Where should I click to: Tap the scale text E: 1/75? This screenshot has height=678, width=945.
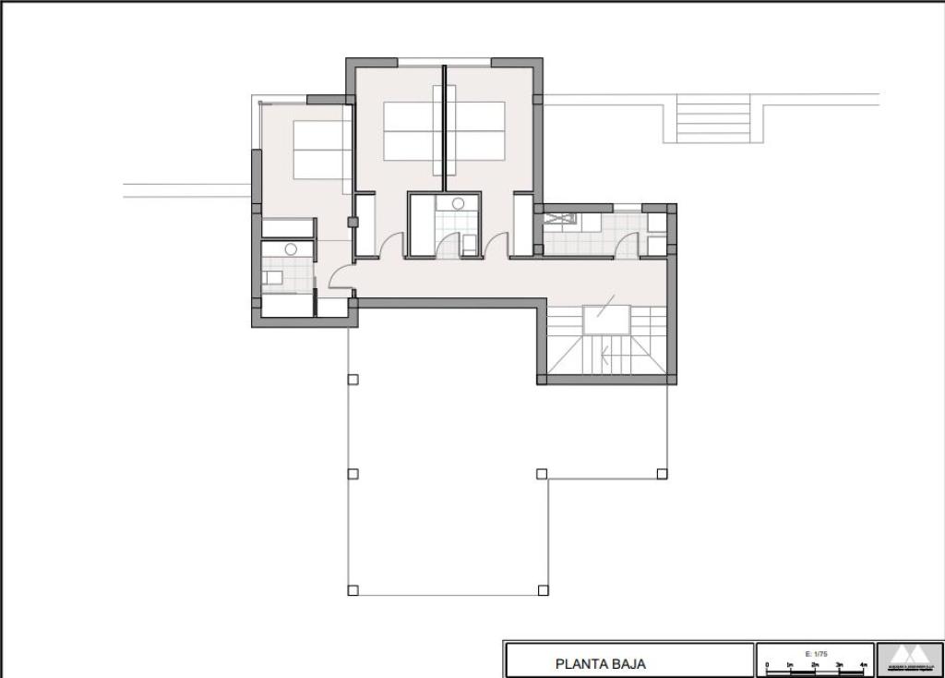(x=814, y=653)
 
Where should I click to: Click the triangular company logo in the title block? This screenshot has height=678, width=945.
(x=909, y=657)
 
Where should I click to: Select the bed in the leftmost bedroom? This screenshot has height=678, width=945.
(x=322, y=151)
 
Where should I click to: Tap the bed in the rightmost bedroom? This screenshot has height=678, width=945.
(x=476, y=131)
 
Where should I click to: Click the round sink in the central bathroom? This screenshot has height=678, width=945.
(x=458, y=204)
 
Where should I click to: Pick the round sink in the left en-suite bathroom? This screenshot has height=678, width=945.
(x=291, y=248)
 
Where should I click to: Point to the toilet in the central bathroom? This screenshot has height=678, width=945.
(x=469, y=244)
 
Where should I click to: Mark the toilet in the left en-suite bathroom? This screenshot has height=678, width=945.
(x=274, y=277)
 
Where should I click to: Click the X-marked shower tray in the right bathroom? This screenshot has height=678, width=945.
(x=558, y=219)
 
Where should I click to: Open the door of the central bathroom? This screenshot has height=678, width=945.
(x=449, y=246)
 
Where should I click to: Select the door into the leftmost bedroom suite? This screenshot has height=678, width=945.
(x=341, y=273)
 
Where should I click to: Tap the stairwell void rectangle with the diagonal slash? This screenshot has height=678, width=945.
(x=605, y=318)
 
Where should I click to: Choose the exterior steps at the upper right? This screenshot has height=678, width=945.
(x=712, y=119)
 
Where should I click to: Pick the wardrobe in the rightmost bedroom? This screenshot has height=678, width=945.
(x=523, y=224)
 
